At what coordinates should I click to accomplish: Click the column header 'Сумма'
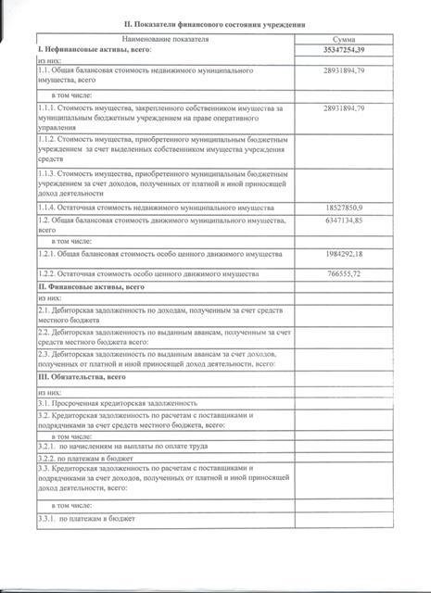(349, 40)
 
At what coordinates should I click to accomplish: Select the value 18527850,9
(345, 208)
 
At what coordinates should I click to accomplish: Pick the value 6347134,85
(345, 221)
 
